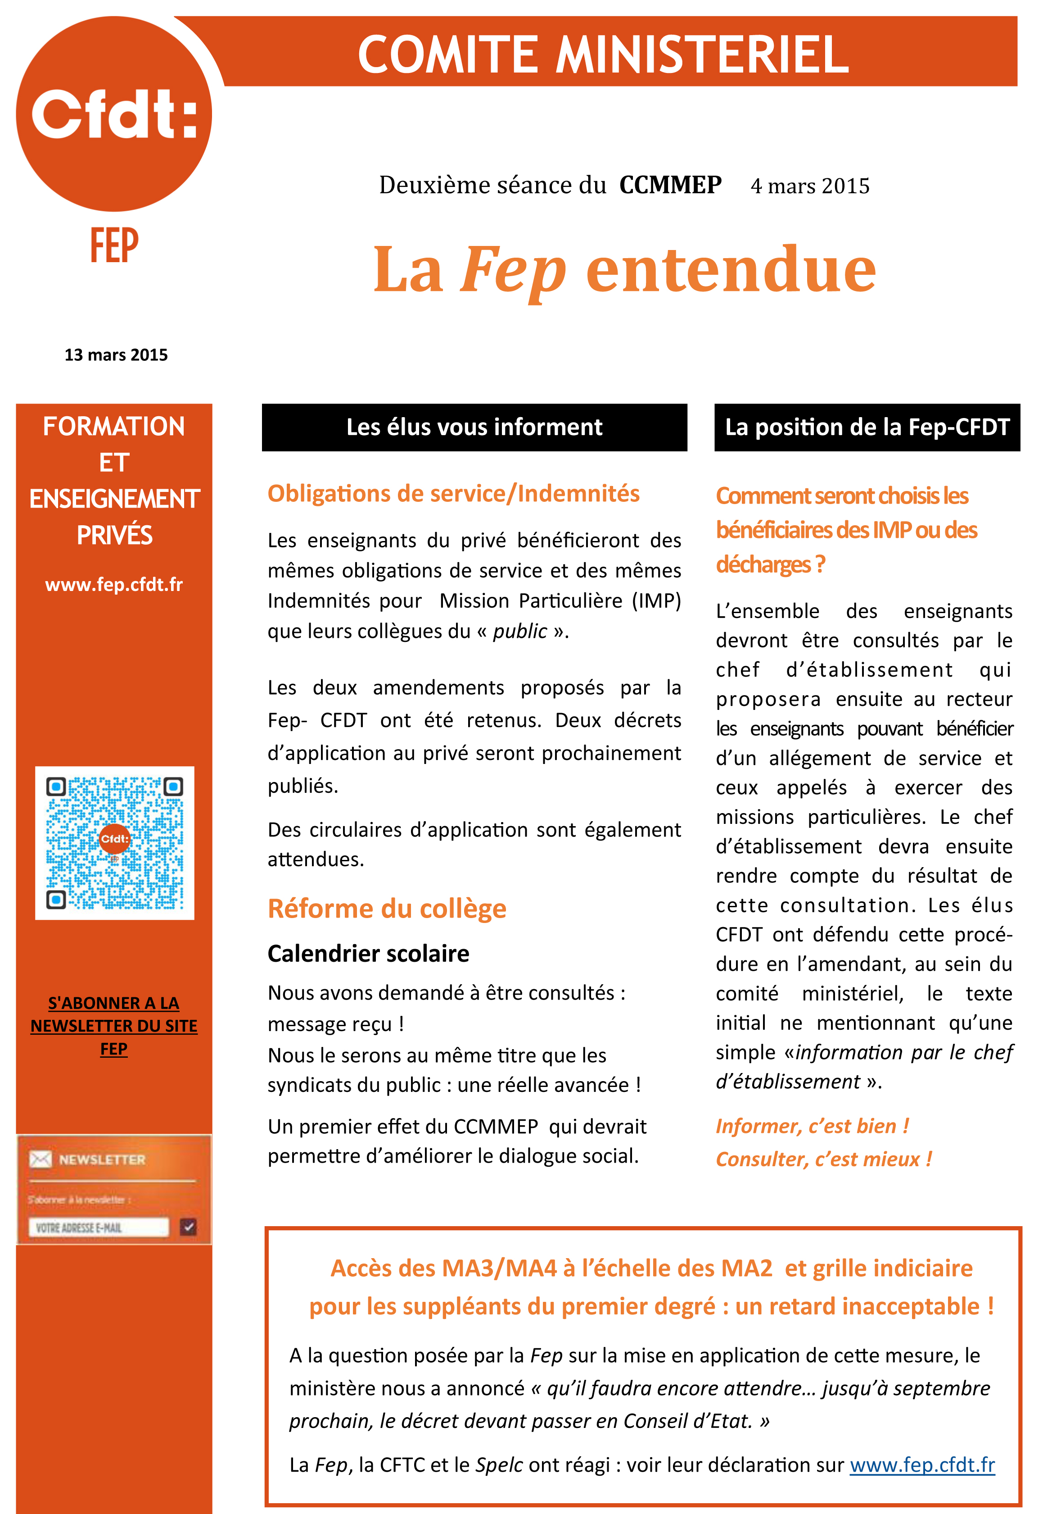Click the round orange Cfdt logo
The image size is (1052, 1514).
click(113, 114)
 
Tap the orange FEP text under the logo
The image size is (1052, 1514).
click(114, 246)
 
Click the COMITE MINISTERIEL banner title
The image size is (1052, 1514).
click(603, 54)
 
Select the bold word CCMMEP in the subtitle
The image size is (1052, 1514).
click(670, 185)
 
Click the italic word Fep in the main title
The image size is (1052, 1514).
click(513, 270)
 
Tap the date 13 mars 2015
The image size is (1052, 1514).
click(116, 355)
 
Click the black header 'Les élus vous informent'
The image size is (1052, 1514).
click(474, 427)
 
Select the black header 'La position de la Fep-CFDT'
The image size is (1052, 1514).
click(867, 427)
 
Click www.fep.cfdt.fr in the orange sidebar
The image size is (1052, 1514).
click(113, 584)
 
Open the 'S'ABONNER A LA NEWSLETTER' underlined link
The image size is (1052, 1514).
click(113, 1025)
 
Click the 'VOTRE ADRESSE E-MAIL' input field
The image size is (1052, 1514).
click(99, 1227)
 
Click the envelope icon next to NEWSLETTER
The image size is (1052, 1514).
click(40, 1159)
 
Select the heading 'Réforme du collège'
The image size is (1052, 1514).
click(387, 909)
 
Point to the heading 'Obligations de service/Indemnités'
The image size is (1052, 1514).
click(453, 494)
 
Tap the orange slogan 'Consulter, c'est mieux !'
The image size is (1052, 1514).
click(823, 1159)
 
